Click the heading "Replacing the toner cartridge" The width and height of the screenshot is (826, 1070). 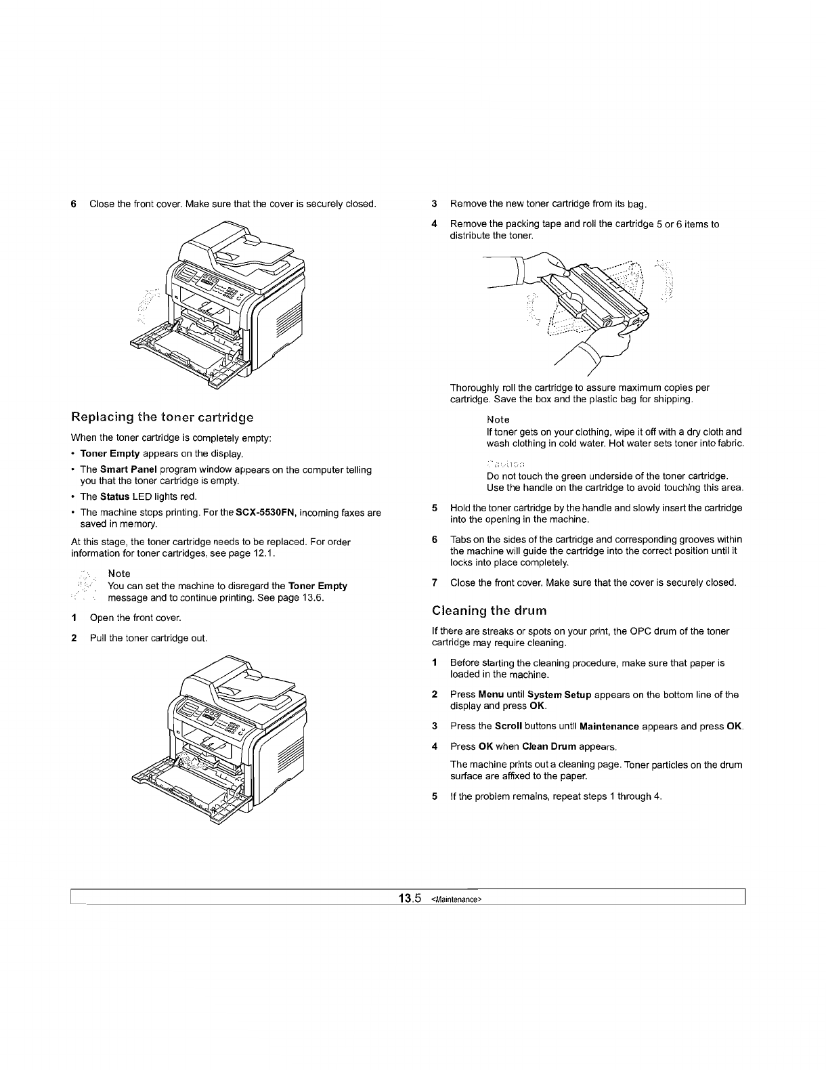tap(162, 416)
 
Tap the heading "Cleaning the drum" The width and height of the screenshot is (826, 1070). tap(489, 611)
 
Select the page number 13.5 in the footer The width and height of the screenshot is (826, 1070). tap(410, 899)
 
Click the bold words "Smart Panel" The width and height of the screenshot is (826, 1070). tap(125, 470)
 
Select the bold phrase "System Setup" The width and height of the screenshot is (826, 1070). tap(559, 695)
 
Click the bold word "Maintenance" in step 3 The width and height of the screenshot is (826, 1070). tap(609, 727)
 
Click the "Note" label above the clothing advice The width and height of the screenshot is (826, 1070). tap(498, 420)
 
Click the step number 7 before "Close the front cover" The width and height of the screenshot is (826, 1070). tap(435, 582)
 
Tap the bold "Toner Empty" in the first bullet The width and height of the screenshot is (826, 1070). tap(110, 454)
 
